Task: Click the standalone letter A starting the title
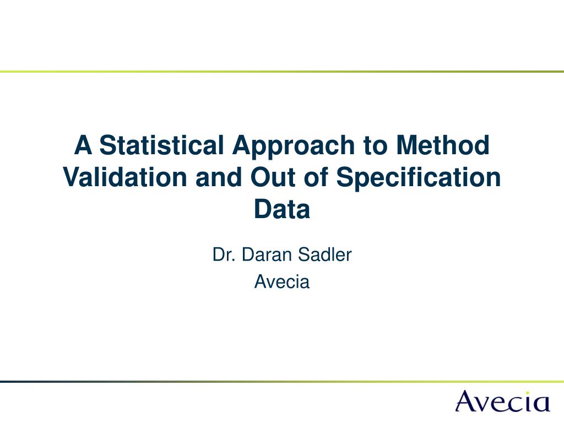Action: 83,145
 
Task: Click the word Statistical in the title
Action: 161,145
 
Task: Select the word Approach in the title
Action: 294,148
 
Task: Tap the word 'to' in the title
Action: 375,145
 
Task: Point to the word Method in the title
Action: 443,145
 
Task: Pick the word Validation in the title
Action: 125,177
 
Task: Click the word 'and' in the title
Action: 218,177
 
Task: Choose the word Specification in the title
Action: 419,179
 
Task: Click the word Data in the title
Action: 282,209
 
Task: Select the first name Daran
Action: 267,254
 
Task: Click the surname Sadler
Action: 325,254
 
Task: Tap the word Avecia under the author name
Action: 282,281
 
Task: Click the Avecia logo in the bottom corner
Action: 503,401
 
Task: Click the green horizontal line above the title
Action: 282,72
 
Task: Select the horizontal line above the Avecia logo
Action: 282,381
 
